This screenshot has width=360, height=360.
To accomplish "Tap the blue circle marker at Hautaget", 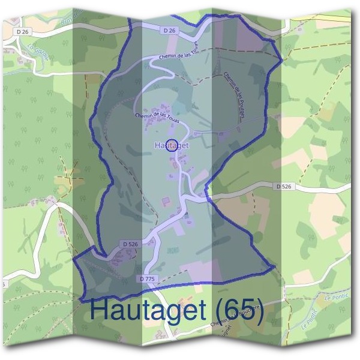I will click(171, 145).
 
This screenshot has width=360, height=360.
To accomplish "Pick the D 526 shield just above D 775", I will click(130, 244).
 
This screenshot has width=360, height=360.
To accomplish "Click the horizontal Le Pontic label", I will click(336, 297).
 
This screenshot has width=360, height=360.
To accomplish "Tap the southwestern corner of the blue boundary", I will click(74, 259).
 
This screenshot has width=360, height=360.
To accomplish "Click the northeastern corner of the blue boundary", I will click(282, 60).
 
